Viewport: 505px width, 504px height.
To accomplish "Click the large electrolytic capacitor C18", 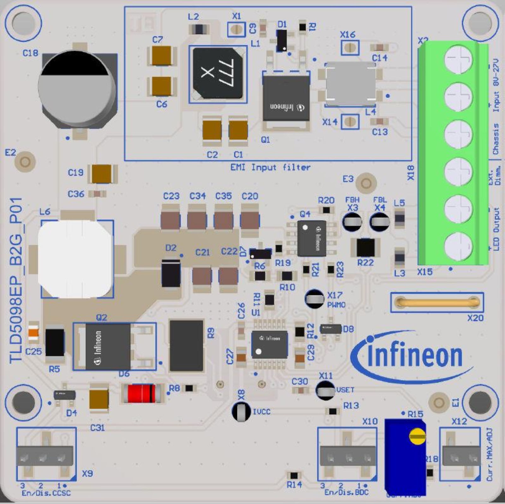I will [x=77, y=88].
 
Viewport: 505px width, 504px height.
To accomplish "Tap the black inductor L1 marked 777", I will [x=218, y=74].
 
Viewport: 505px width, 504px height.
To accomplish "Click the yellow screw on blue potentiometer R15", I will [x=417, y=436].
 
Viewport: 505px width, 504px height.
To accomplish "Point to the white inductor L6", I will [x=76, y=259].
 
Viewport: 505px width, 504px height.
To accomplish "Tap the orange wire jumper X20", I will [x=437, y=302].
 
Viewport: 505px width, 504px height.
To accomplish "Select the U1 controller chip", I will [x=269, y=345].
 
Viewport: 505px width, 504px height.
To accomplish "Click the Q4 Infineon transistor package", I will [x=312, y=238].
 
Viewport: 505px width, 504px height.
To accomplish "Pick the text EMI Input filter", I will [x=270, y=167].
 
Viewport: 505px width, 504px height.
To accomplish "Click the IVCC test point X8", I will [x=241, y=411].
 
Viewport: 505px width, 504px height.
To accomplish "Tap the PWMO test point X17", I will [x=314, y=298].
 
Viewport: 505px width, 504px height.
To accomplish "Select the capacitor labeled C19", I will [x=102, y=174].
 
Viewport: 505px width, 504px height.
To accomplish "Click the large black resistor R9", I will [x=186, y=345].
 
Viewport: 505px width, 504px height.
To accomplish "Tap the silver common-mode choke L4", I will [x=350, y=84].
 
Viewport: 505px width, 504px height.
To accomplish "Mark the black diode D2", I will [x=171, y=273].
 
